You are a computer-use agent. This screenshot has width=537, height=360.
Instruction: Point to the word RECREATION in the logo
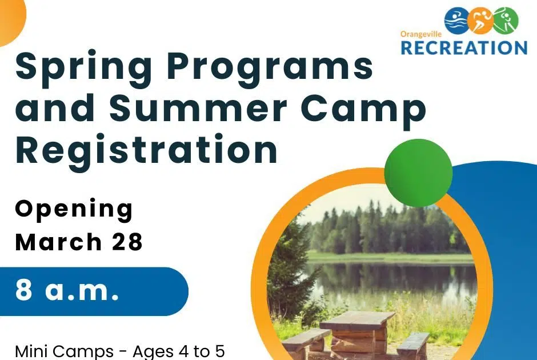[x=463, y=48]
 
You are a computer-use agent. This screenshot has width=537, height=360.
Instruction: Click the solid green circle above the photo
[x=418, y=170]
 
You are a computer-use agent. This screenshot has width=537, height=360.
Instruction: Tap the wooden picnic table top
[x=357, y=319]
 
